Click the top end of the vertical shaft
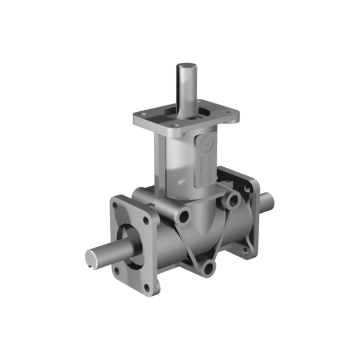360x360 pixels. click(185, 69)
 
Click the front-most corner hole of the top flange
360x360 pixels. click(182, 137)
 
